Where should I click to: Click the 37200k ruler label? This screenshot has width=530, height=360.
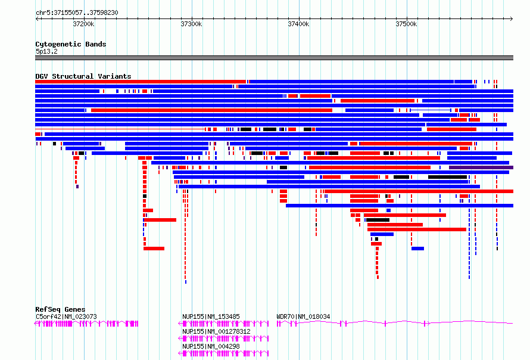[83, 24]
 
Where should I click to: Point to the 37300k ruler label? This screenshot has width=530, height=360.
[191, 24]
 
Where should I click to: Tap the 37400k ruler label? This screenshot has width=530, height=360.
[298, 24]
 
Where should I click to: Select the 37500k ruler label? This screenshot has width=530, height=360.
[406, 24]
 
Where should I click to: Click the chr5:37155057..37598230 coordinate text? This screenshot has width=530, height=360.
[77, 13]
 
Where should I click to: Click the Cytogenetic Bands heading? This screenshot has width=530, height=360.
[71, 44]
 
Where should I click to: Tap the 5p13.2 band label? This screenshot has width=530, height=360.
[46, 51]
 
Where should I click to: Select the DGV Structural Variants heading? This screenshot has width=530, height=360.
[83, 76]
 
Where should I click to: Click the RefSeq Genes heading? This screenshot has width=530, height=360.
[60, 309]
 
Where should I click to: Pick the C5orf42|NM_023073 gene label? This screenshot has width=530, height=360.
[66, 316]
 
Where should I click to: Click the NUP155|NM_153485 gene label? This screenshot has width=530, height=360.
[211, 316]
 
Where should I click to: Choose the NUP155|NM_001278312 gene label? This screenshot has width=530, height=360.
[216, 331]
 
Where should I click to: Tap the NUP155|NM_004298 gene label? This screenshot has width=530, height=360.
[211, 346]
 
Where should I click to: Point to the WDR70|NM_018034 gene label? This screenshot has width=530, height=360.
[303, 316]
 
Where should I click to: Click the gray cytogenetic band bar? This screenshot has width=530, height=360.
[274, 58]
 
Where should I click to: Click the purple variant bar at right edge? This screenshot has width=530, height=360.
[481, 167]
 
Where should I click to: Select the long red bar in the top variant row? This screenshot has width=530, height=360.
[141, 82]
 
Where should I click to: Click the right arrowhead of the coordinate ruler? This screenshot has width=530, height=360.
[512, 18]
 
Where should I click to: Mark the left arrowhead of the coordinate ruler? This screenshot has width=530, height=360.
[36, 18]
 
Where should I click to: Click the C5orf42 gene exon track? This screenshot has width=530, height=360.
[86, 324]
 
